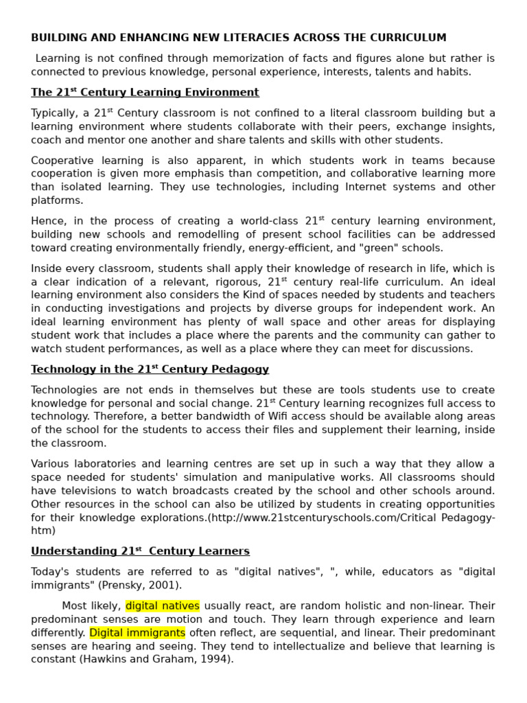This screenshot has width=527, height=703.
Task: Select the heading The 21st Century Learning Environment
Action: point(145,93)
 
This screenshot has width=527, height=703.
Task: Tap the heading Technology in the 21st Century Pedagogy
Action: point(150,369)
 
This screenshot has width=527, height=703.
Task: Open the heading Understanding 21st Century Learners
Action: point(140,551)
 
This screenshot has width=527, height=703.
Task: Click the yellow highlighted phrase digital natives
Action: point(163,606)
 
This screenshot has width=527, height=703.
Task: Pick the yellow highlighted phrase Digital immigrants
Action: point(137,632)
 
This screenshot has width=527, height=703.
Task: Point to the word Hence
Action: point(47,221)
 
